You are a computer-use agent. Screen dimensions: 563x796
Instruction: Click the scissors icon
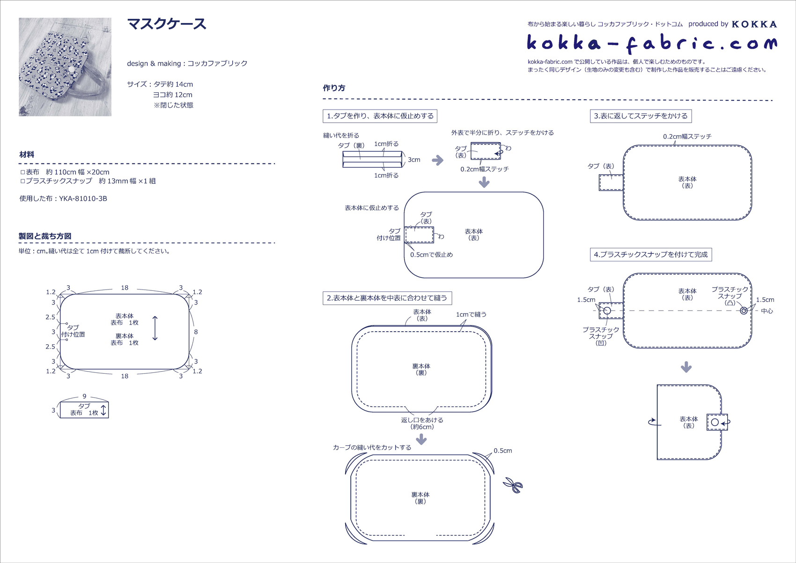(513, 485)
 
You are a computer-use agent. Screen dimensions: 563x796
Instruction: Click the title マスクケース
(167, 24)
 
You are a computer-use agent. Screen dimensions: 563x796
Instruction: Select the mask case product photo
(65, 67)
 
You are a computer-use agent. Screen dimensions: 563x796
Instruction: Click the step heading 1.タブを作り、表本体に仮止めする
(380, 116)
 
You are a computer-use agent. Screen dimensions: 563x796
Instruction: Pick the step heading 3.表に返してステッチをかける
(641, 116)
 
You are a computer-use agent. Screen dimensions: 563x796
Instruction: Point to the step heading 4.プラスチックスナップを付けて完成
(650, 255)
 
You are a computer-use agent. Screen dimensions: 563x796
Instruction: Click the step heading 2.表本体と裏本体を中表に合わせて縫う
(387, 298)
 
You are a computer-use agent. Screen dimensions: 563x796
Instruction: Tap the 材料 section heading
(27, 155)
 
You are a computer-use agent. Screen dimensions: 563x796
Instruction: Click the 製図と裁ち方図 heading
(45, 236)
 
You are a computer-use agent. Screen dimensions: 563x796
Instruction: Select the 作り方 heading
(334, 88)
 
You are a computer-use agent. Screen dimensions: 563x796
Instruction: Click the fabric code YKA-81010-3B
(83, 199)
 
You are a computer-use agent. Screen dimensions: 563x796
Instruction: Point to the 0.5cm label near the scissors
(502, 451)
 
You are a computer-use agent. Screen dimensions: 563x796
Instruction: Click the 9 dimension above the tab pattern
(84, 396)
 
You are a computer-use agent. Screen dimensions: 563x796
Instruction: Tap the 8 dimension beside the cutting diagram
(196, 332)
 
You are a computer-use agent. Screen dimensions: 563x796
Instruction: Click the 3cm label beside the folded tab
(414, 160)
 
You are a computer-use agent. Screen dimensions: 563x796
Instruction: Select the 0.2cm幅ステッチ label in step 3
(687, 136)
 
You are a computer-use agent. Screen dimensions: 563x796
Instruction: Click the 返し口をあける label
(422, 420)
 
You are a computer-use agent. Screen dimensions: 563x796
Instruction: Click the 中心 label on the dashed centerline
(767, 311)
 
